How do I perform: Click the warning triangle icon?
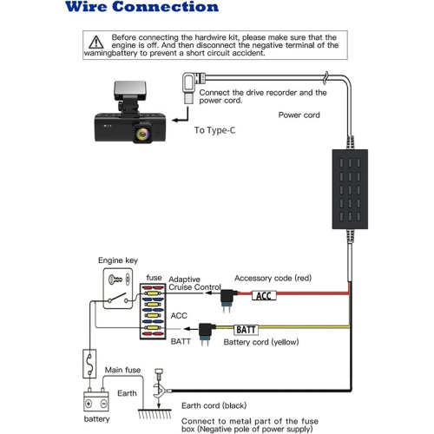click(x=96, y=43)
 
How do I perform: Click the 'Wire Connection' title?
click(x=141, y=7)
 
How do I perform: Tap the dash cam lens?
click(x=142, y=133)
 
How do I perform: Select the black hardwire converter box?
click(x=350, y=189)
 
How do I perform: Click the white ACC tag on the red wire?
click(x=264, y=296)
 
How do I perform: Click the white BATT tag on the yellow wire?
click(x=246, y=330)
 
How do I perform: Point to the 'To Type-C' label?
click(x=214, y=130)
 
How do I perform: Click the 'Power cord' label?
click(x=299, y=115)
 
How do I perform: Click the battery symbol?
click(x=96, y=401)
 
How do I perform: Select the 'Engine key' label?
click(x=118, y=260)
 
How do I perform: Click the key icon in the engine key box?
click(x=115, y=279)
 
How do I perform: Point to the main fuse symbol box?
click(x=89, y=364)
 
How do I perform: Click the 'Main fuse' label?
click(x=122, y=370)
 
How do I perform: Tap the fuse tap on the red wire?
click(x=227, y=300)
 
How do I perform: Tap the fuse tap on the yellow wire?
click(x=206, y=333)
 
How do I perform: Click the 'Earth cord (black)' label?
click(x=214, y=406)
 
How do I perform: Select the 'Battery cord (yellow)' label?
click(x=261, y=342)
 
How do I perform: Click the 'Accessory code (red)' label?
click(x=273, y=279)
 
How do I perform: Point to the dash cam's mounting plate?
click(x=130, y=91)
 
